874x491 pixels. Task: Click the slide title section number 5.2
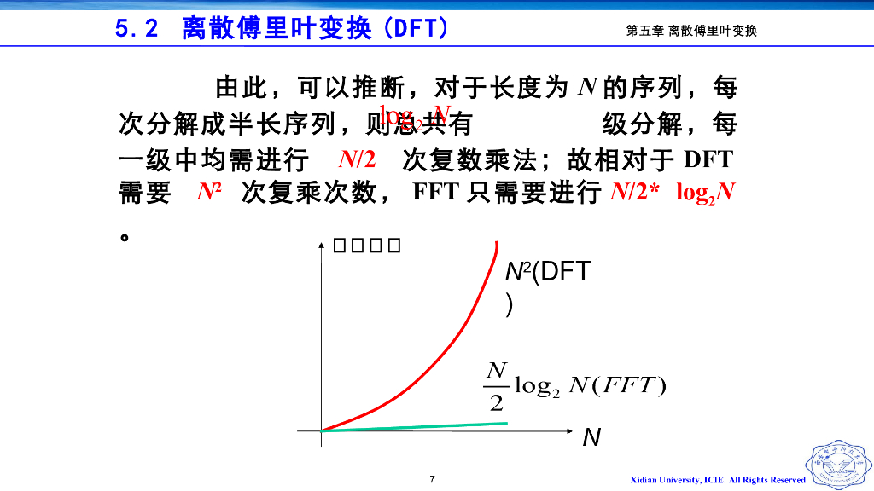coord(137,29)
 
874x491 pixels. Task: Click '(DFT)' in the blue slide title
coord(416,29)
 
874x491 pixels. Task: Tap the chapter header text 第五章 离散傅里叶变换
coord(691,31)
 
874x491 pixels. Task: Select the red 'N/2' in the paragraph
coord(357,159)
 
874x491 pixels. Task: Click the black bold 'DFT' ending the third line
coord(708,159)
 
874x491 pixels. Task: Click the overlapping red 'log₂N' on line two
coord(415,117)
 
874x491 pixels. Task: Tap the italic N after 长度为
coord(586,87)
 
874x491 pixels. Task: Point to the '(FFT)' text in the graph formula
coord(632,385)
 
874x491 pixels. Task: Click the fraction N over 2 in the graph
coord(497,385)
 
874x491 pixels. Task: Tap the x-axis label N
coord(591,438)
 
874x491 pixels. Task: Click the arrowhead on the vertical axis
coord(321,247)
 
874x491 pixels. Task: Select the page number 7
coord(433,479)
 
